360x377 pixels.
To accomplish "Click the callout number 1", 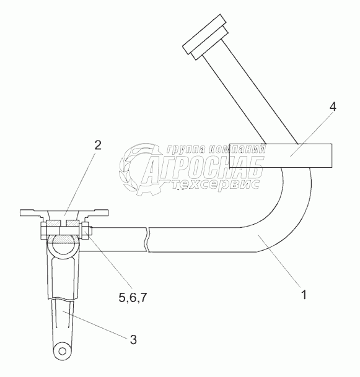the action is (x=304, y=295).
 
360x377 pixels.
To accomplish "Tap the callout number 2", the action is (x=98, y=145).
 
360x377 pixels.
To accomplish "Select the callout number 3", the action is (x=133, y=340).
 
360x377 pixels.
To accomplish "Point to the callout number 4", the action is (x=333, y=106).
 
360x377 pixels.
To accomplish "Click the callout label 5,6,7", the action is (x=133, y=298).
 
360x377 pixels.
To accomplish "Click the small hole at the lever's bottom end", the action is (x=63, y=351).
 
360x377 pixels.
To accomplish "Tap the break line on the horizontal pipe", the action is (x=147, y=240).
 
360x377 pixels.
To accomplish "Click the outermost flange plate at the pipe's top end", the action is (x=204, y=34).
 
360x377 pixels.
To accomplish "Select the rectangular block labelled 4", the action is (x=281, y=155).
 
